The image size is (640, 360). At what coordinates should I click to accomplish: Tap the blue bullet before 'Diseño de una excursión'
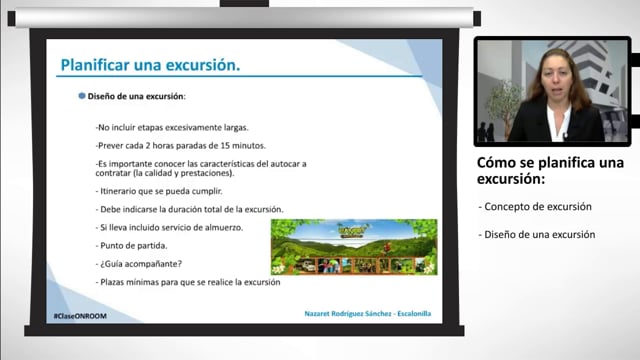click(82, 97)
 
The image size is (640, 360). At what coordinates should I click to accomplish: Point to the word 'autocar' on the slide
click(283, 163)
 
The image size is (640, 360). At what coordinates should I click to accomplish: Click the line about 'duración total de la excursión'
click(190, 210)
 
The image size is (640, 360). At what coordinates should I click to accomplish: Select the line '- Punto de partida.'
click(133, 246)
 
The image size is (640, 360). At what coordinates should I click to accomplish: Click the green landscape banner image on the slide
click(354, 247)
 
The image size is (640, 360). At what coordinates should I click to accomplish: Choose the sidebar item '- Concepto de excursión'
click(535, 207)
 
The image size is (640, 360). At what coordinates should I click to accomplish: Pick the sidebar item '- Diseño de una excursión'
click(537, 235)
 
